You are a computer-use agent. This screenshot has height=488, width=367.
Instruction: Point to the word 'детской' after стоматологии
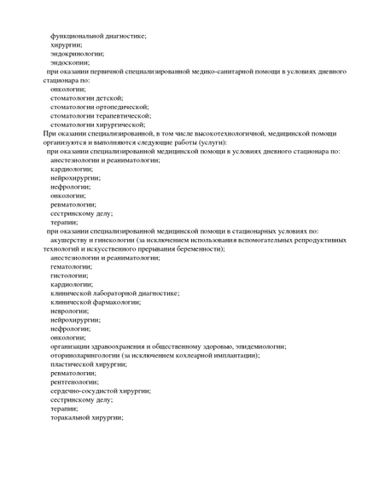click(x=109, y=98)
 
